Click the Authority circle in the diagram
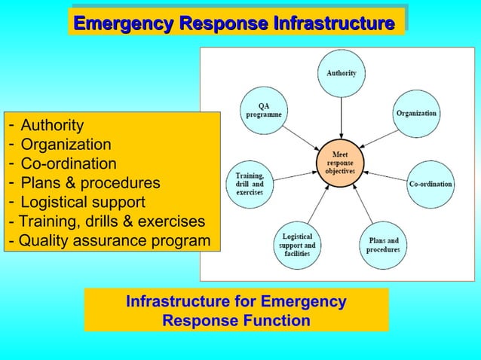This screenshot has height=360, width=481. tap(341, 74)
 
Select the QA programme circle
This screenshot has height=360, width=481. tap(263, 111)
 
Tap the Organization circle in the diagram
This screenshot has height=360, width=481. tap(416, 113)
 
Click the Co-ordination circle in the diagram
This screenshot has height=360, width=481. tap(430, 184)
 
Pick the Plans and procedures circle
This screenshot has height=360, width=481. tap(383, 246)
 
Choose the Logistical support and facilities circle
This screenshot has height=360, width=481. tap(298, 246)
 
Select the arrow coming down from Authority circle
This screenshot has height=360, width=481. tap(341, 117)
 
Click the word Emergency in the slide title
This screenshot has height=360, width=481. tap(121, 24)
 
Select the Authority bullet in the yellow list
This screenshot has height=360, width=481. tap(51, 124)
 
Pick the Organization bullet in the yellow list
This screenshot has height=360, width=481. tap(66, 144)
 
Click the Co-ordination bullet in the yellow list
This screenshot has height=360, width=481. tap(69, 163)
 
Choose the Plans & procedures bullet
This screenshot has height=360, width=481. tap(90, 183)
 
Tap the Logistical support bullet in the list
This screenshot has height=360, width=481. tap(83, 203)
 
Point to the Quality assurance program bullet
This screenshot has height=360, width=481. tap(114, 241)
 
